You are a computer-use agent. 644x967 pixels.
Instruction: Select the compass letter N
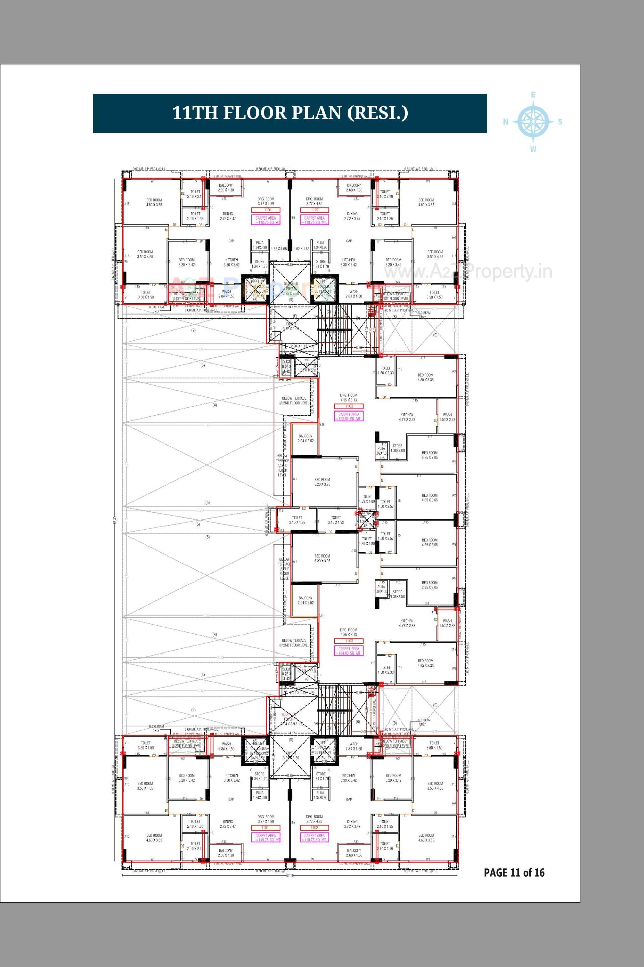[x=506, y=121]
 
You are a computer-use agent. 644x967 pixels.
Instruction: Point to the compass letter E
[x=533, y=95]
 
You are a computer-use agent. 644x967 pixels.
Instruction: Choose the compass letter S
[x=560, y=122]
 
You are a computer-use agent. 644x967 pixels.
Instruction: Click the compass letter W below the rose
[x=533, y=150]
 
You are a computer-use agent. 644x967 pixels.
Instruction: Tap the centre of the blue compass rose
[x=533, y=121]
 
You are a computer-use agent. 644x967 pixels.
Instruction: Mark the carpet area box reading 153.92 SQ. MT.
[x=349, y=416]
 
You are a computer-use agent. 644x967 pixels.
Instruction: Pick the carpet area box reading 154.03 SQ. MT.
[x=349, y=651]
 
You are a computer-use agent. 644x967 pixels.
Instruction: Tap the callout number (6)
[x=198, y=524]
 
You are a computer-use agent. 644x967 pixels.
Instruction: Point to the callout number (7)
[x=376, y=296]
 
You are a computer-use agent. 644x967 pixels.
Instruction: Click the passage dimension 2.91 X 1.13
[x=298, y=692]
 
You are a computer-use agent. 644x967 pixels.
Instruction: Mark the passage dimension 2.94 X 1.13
[x=299, y=346]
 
